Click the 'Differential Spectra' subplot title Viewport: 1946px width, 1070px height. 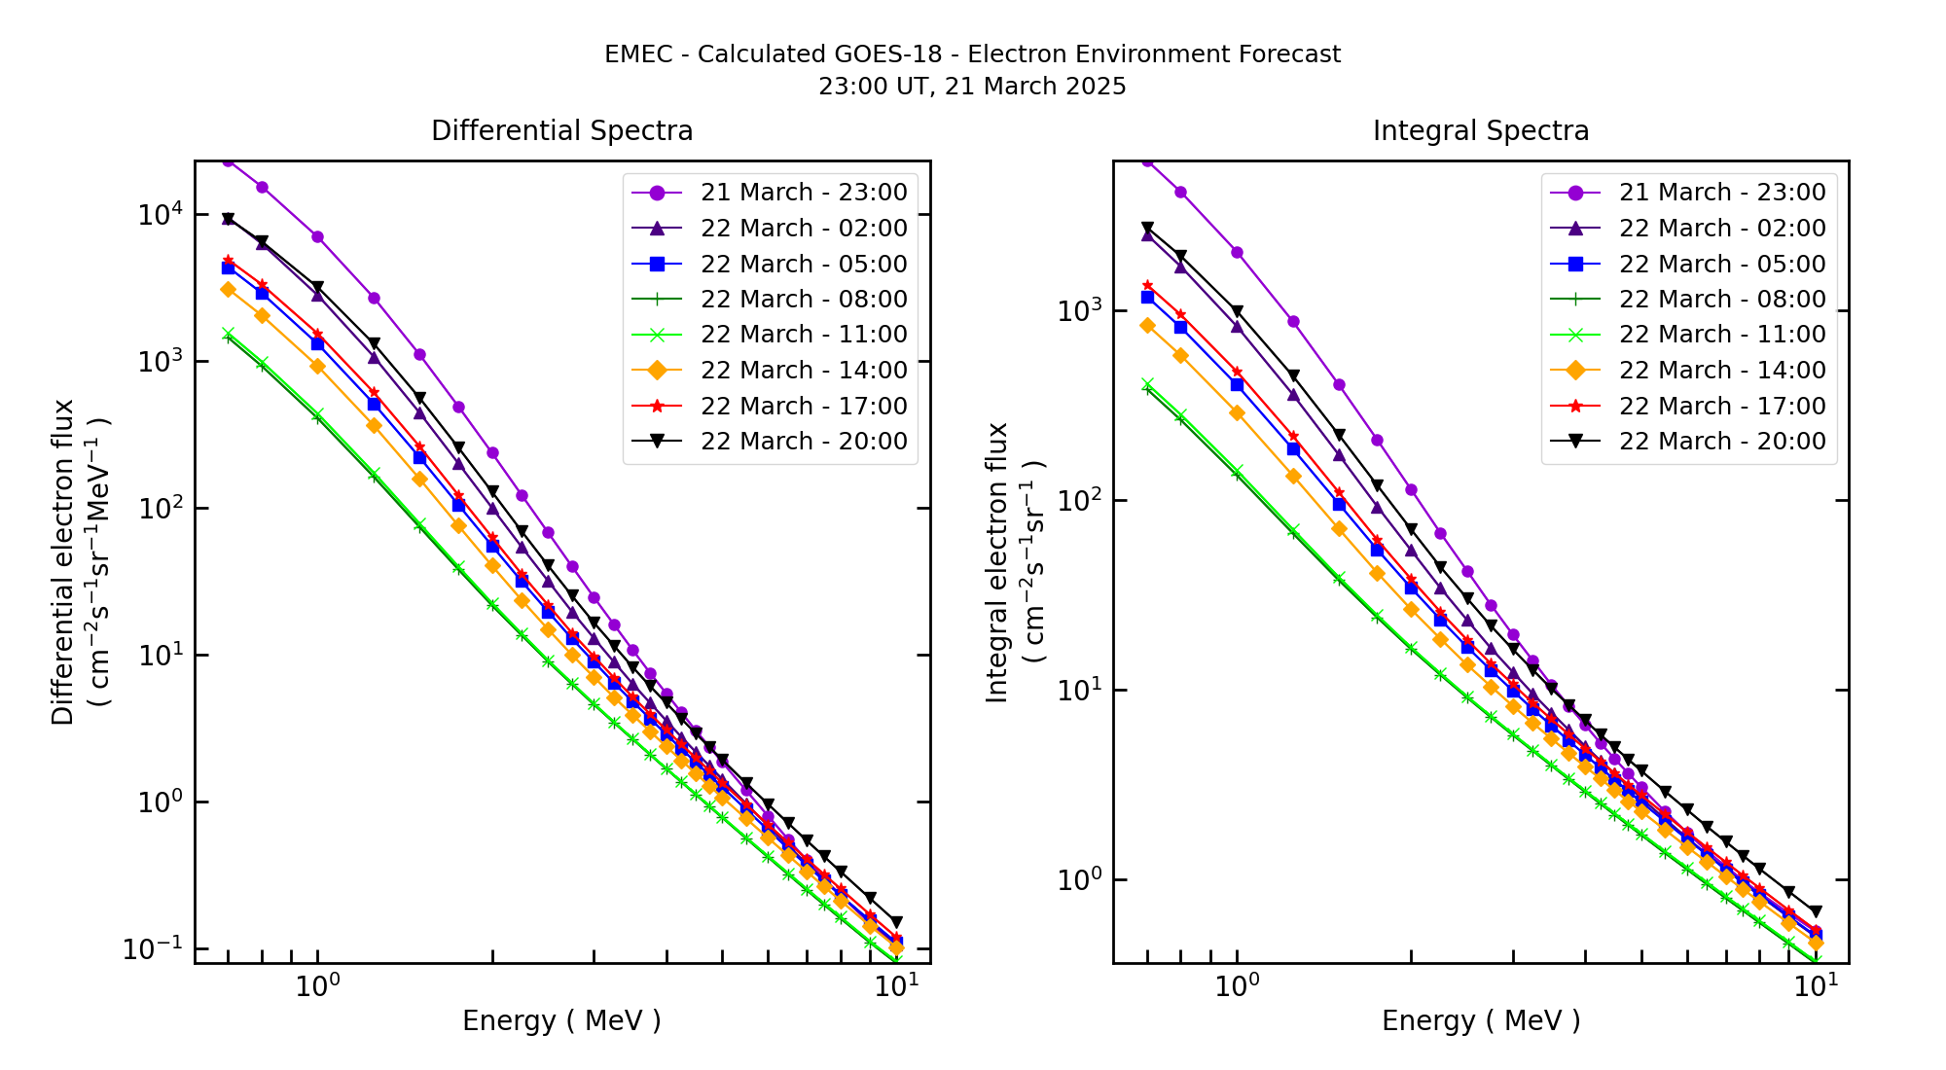(x=561, y=130)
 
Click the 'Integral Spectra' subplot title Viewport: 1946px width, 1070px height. (x=1480, y=130)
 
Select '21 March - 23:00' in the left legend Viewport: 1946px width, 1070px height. (x=804, y=193)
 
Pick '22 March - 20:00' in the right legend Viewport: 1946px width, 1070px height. (x=1722, y=442)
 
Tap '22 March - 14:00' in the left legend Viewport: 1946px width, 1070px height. (x=804, y=371)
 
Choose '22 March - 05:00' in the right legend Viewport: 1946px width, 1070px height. (x=1722, y=264)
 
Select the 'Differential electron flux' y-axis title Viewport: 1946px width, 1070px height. (x=62, y=562)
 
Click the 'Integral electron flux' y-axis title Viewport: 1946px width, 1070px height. (x=997, y=562)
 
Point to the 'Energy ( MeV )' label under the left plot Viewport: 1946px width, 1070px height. (x=561, y=1020)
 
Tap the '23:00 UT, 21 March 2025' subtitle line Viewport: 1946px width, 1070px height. (x=972, y=87)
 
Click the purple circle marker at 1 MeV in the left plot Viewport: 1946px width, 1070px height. (x=317, y=236)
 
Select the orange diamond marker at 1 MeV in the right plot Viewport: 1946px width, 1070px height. (x=1237, y=412)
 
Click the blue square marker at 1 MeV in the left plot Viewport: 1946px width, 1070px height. (x=317, y=343)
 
